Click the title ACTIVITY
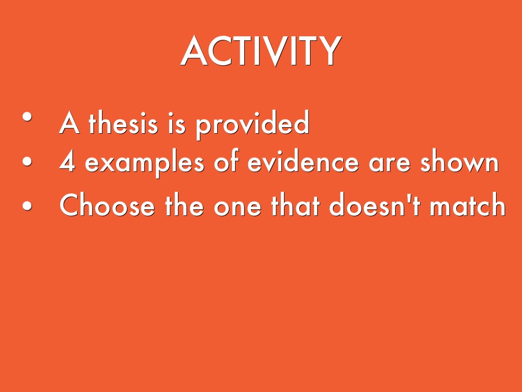pyautogui.click(x=260, y=52)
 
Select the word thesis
pyautogui.click(x=122, y=124)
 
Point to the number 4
pyautogui.click(x=67, y=163)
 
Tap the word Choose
pyautogui.click(x=107, y=206)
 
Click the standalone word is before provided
pyautogui.click(x=177, y=124)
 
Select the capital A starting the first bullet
pyautogui.click(x=69, y=124)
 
